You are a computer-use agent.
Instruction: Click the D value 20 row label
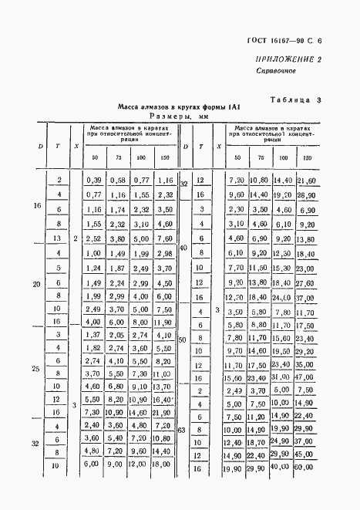tap(37, 284)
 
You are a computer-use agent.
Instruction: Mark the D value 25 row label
tap(37, 370)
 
